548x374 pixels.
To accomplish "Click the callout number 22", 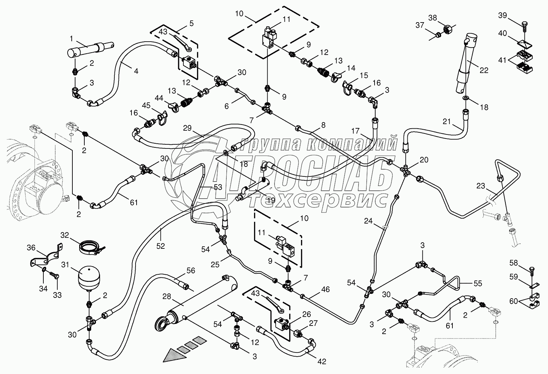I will pos(484,70).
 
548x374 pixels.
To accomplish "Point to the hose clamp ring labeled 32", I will pos(90,248).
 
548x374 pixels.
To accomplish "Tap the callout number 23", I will pos(481,186).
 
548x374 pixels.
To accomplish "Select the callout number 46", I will pos(325,289).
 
